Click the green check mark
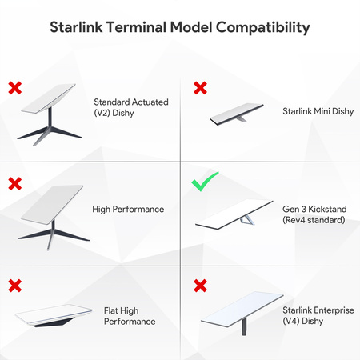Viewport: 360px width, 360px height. point(206,183)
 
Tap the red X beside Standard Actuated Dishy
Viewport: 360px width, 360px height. point(14,86)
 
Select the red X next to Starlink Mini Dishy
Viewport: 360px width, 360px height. point(201,86)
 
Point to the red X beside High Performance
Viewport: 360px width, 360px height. point(14,183)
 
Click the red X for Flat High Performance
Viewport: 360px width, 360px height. point(14,285)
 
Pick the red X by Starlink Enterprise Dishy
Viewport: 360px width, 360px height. point(201,285)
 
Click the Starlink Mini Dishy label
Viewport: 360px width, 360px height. point(314,113)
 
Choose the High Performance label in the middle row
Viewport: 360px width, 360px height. point(128,209)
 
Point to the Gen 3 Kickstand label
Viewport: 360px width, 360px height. point(314,214)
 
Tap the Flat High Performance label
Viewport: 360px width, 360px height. point(130,314)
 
